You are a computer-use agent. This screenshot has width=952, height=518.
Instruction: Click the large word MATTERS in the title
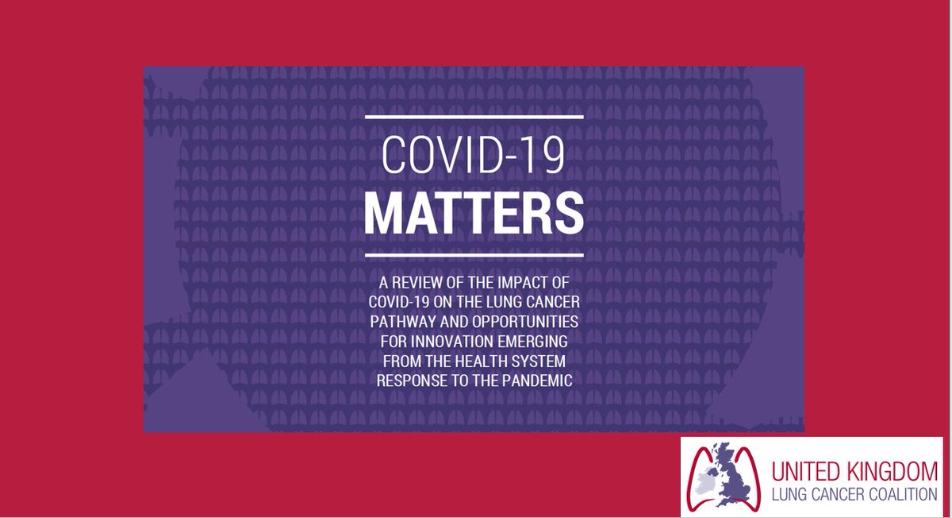(x=474, y=212)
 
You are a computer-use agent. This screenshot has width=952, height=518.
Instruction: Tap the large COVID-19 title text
(x=474, y=157)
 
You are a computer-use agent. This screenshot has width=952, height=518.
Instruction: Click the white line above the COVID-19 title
(x=474, y=117)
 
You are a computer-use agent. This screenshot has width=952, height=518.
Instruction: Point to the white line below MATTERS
(x=474, y=255)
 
